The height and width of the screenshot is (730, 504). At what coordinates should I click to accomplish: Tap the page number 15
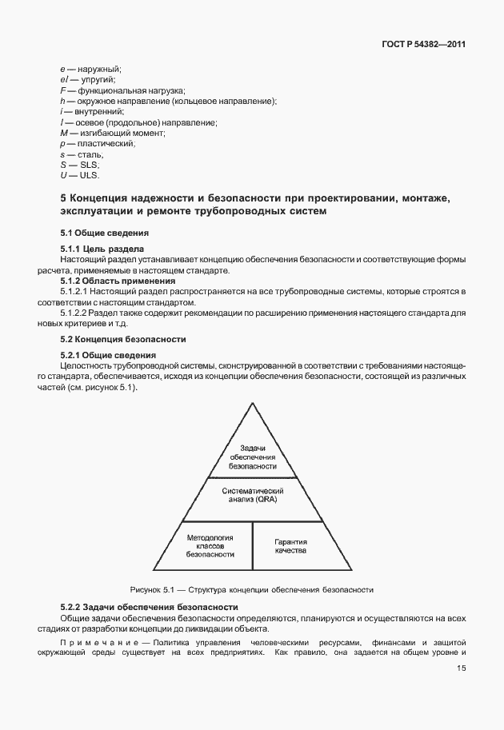(x=461, y=669)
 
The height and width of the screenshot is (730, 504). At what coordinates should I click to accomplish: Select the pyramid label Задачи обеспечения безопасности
(x=252, y=457)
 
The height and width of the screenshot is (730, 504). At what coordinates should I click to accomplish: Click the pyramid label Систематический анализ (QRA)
(x=252, y=495)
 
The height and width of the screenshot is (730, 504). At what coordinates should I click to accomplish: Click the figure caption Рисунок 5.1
(x=252, y=590)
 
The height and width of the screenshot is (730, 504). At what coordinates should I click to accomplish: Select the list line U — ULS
(x=78, y=174)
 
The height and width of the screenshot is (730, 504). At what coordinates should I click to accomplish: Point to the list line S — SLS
(x=78, y=164)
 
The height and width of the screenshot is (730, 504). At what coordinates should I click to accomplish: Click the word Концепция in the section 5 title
(x=106, y=198)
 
